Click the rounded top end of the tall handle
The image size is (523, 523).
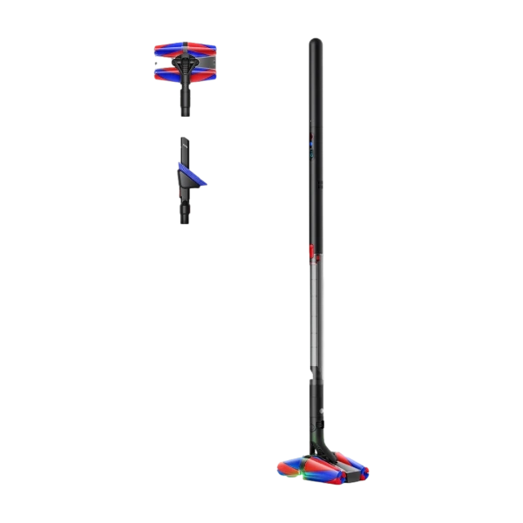click(x=316, y=43)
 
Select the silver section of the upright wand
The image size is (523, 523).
click(x=316, y=314)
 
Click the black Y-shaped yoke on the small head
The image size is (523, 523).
click(x=185, y=65)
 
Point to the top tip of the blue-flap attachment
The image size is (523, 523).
click(x=184, y=139)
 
